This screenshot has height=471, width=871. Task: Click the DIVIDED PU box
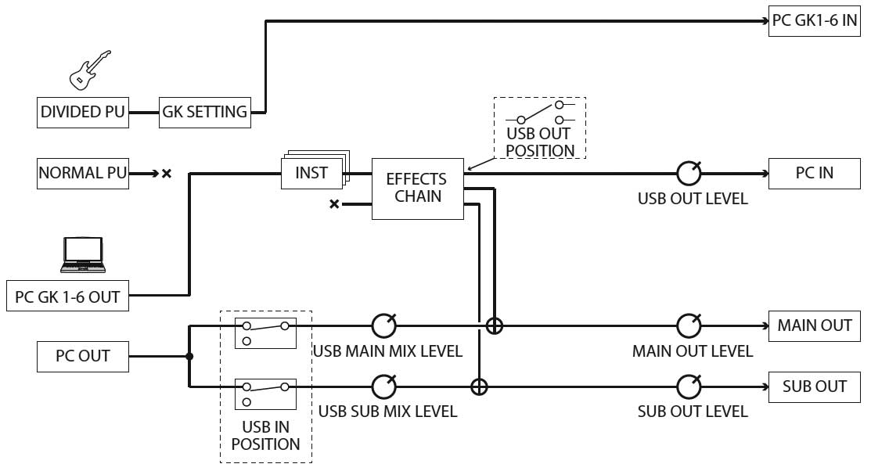tap(83, 112)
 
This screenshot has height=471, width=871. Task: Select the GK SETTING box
tap(204, 112)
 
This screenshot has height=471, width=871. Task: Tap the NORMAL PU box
tap(83, 173)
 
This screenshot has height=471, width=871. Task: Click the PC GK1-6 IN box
tap(815, 21)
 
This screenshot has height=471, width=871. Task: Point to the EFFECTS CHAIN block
tap(418, 189)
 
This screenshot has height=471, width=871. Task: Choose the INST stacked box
tap(311, 173)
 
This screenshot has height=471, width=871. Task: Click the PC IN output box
tap(815, 173)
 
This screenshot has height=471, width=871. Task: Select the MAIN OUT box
tap(815, 325)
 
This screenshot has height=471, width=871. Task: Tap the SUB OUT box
tap(815, 387)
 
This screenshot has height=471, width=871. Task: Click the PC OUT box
tap(83, 356)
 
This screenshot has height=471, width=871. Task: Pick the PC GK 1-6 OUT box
tap(67, 297)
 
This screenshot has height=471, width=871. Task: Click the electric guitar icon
tap(89, 69)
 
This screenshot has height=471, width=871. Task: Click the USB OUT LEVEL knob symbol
tap(689, 173)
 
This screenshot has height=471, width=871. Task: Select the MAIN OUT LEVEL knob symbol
tap(689, 325)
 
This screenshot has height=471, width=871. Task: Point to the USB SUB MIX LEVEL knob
tap(383, 387)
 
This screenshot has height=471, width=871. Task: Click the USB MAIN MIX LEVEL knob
tap(383, 325)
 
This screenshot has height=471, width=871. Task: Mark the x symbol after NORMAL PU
tap(166, 174)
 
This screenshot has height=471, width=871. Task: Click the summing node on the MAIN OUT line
tap(495, 325)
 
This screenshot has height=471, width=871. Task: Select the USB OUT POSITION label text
tap(540, 142)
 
